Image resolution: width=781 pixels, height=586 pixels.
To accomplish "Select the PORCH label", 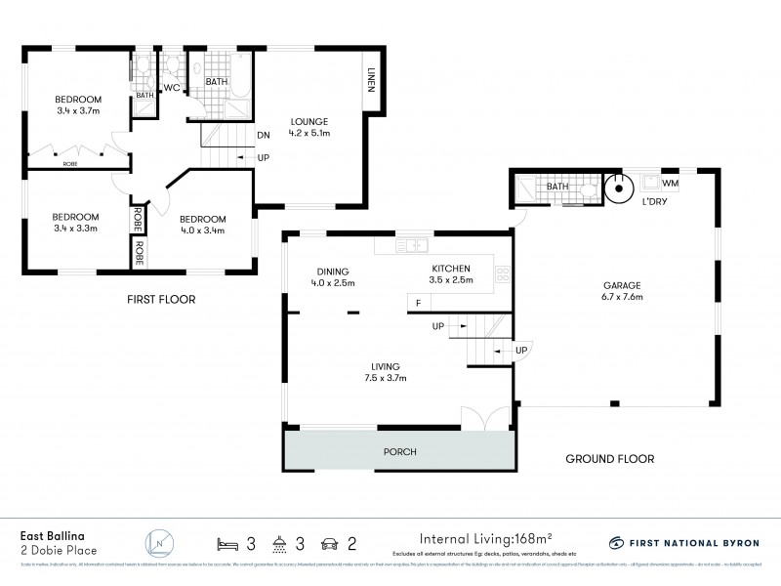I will coord(400,452).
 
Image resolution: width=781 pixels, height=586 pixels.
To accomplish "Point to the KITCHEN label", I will coord(452,269).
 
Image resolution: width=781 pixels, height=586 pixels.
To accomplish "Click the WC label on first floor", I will coord(172,89).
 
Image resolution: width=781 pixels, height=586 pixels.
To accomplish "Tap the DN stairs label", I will coord(264,136).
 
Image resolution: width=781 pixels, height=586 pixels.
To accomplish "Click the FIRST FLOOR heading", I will coord(162,300).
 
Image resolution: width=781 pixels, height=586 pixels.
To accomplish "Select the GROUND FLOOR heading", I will coord(609,458).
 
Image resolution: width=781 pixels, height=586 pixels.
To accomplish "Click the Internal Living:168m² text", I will coord(485,537).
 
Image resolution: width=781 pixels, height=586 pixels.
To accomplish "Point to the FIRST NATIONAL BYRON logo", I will coord(683,542).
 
